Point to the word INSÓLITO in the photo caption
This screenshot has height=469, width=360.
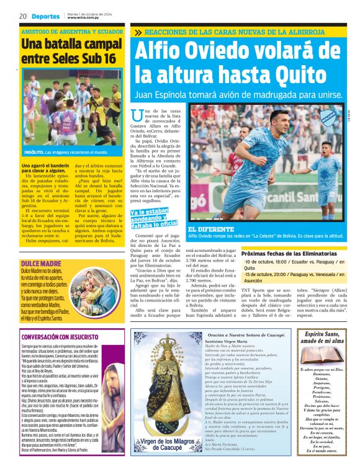click(34, 152)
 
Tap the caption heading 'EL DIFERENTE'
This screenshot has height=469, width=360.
click(210, 230)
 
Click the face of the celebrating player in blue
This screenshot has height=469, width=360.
click(278, 129)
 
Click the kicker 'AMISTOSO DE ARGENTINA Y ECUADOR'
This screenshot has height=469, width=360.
click(72, 31)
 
